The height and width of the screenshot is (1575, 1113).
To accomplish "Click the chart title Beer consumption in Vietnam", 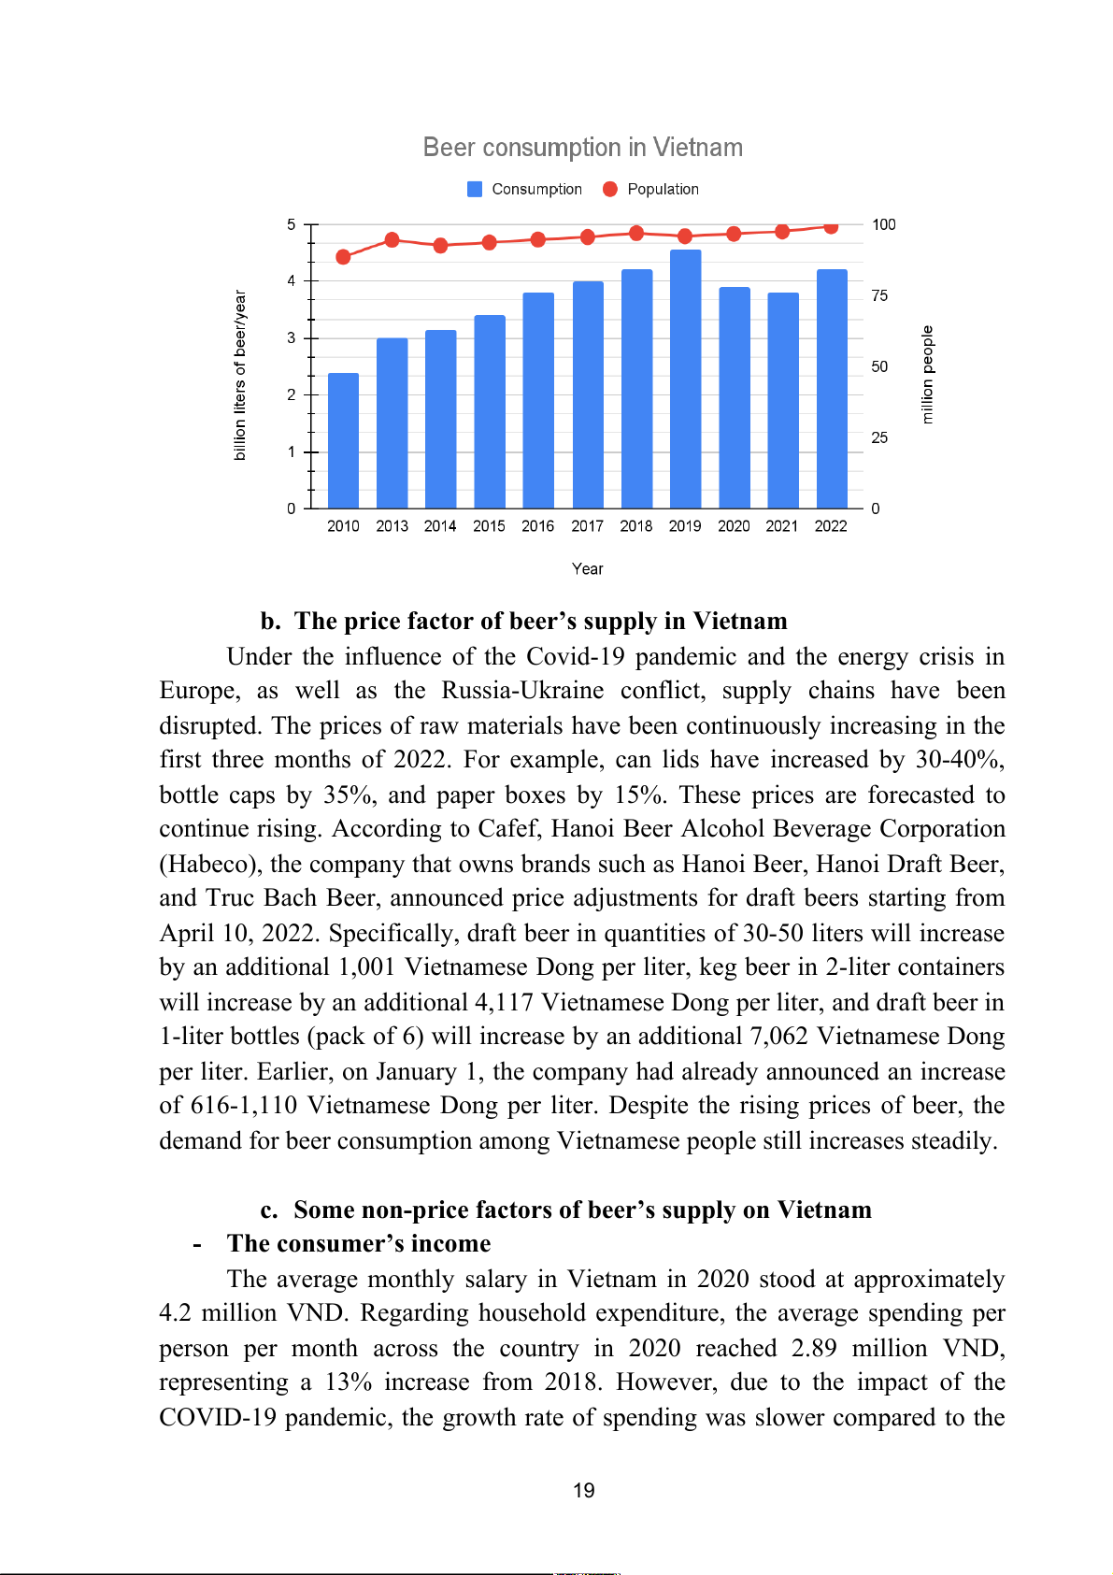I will pos(582,148).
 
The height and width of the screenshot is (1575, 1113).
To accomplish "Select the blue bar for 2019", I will pos(685,379).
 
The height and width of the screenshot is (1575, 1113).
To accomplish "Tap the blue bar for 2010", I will pos(343,440).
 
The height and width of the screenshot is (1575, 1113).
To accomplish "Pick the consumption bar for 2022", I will pos(831,389).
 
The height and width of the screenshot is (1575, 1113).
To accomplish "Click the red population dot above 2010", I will pos(343,257).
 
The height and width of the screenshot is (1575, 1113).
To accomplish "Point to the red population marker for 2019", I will pos(685,236).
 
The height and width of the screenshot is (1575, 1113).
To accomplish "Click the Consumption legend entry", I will pos(524,189).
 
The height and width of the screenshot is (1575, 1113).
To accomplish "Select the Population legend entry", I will pos(651,189).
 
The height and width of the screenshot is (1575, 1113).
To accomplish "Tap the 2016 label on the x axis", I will pos(537,526).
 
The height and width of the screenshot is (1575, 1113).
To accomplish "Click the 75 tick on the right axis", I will pos(879,295).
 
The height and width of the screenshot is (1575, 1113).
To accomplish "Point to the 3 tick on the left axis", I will pos(292,337).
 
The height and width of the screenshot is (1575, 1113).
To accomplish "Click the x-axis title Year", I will pos(587,568).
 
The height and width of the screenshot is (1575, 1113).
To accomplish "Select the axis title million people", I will pos(927,374).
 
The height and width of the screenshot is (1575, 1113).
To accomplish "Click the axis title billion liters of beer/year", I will pos(240,375).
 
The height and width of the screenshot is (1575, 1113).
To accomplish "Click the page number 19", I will pos(583,1490).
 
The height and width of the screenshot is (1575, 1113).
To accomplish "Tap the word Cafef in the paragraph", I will pos(509,829).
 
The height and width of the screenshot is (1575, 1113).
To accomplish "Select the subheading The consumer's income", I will pos(359,1244).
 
